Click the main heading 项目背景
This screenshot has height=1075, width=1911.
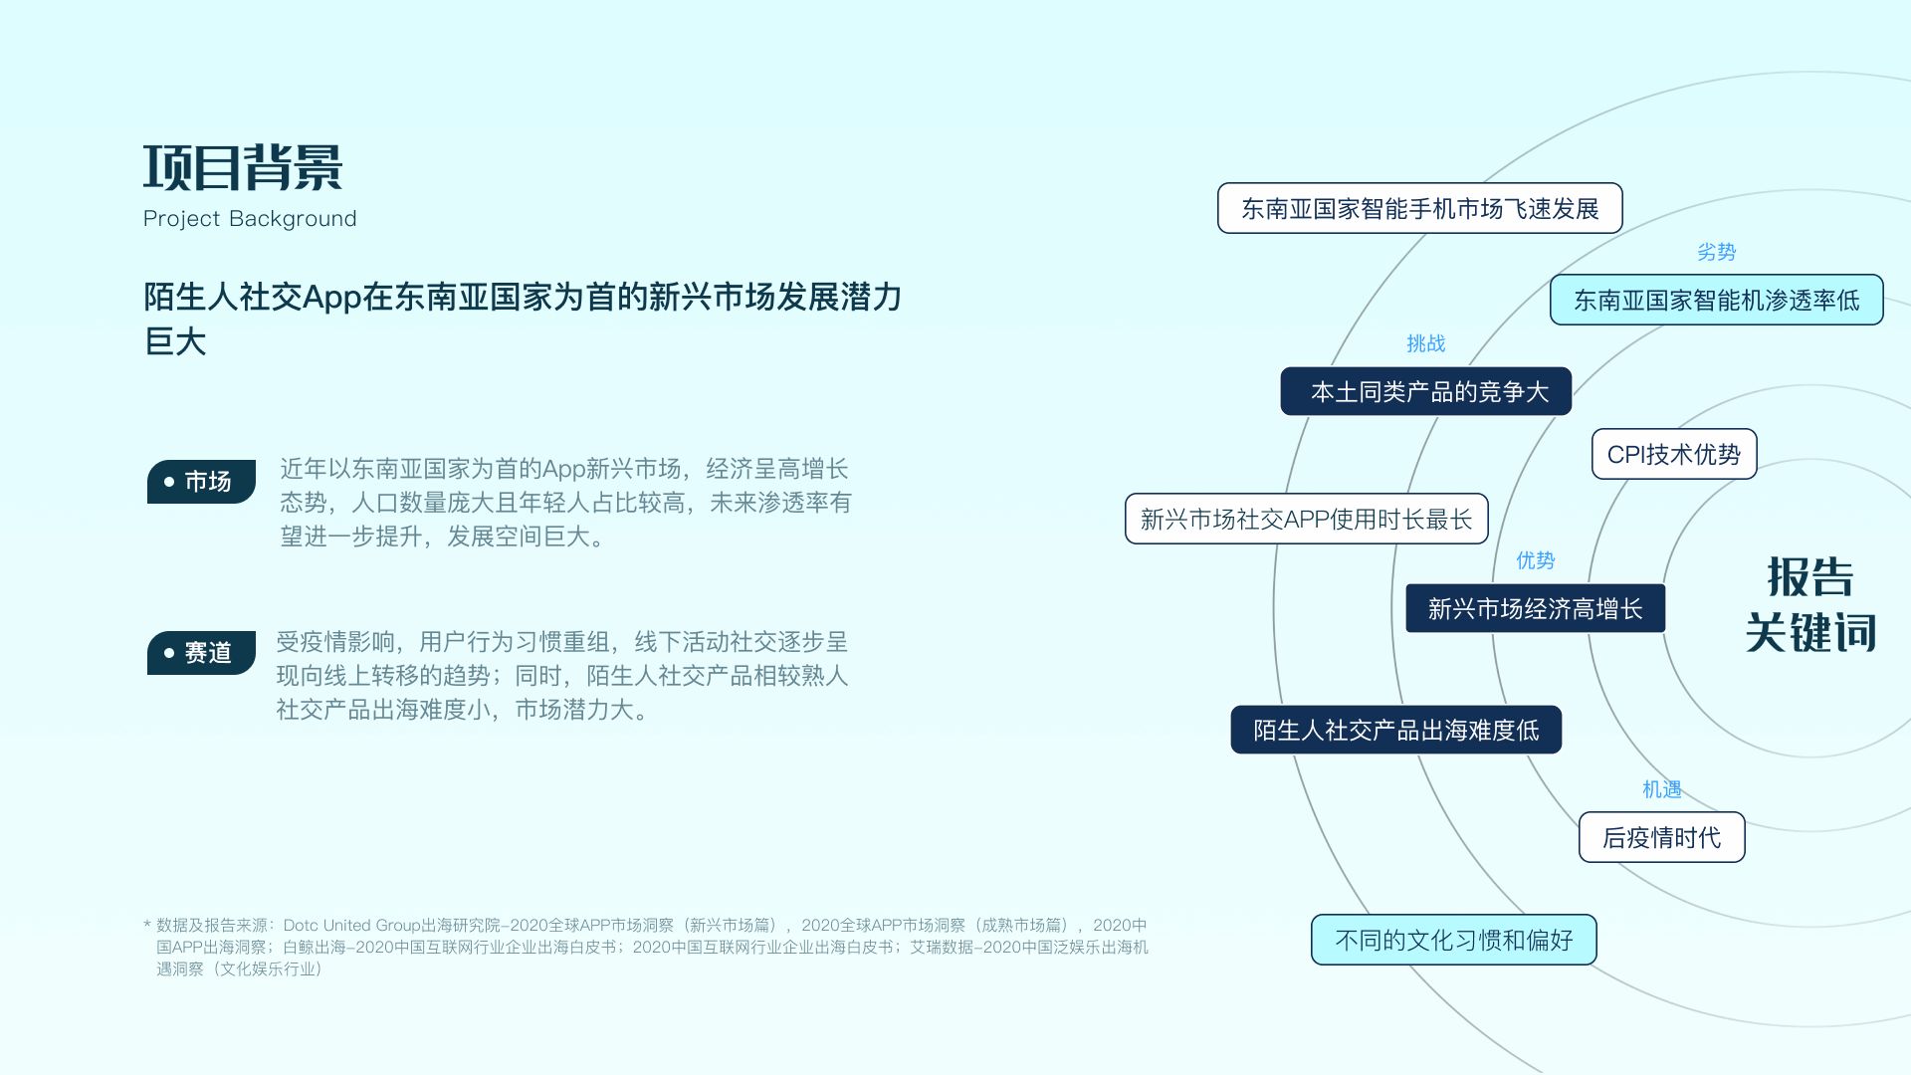[243, 167]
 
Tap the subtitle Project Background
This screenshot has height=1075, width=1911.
[250, 219]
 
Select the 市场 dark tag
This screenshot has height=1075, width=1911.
[201, 482]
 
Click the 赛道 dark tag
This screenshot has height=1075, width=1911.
[201, 653]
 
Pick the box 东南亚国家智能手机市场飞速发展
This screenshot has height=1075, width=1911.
[1419, 209]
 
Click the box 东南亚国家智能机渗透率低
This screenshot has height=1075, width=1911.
[1716, 301]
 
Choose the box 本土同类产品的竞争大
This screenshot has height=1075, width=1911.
[1425, 392]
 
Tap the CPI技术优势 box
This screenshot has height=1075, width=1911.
[1673, 455]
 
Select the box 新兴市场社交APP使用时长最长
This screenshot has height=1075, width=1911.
[1306, 520]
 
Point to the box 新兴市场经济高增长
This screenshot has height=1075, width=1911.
[1535, 609]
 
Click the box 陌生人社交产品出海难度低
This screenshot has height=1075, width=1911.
[1395, 731]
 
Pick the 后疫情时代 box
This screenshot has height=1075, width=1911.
[1661, 838]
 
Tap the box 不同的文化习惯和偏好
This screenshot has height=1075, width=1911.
[1453, 941]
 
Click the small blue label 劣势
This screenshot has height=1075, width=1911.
[1716, 253]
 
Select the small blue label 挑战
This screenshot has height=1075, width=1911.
[1425, 344]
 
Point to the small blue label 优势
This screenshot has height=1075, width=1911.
[1535, 561]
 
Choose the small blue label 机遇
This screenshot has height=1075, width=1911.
[1661, 790]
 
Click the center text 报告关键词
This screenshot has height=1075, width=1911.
[1810, 605]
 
